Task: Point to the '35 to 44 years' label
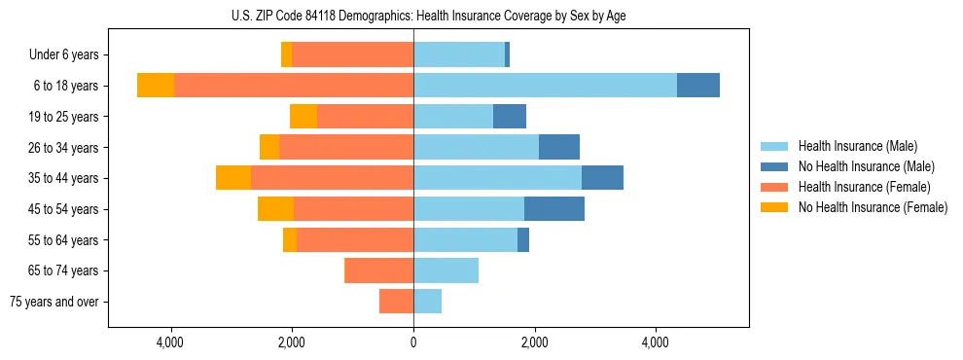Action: point(65,178)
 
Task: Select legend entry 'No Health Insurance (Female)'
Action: point(873,207)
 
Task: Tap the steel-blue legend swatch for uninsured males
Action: point(774,166)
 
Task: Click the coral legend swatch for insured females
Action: point(774,187)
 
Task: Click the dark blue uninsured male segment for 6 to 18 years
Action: point(698,86)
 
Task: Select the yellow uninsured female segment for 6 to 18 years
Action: point(156,86)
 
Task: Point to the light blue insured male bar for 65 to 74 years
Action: point(446,270)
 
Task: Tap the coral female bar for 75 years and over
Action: point(396,302)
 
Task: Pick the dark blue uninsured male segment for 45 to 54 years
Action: point(554,209)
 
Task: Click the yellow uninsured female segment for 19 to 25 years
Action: point(303,117)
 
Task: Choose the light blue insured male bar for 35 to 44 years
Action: point(497,178)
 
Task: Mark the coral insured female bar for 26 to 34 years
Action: point(346,147)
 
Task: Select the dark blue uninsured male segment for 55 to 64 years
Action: point(523,240)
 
